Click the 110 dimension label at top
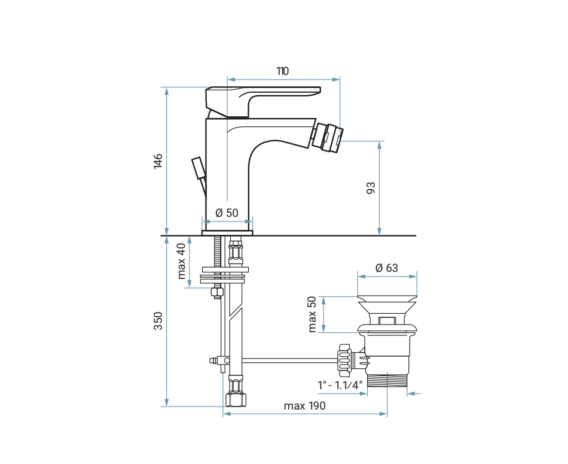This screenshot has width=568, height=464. [282, 71]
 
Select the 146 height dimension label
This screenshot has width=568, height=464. [158, 161]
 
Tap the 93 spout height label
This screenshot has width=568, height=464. [371, 188]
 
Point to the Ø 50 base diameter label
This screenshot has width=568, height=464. [227, 213]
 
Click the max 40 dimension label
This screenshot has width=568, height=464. [182, 261]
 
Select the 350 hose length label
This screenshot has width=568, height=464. [158, 320]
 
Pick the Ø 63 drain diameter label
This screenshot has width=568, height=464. [386, 268]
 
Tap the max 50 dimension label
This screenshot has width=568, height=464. [312, 314]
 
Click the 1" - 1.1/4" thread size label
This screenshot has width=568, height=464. [341, 385]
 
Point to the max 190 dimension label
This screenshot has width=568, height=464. [304, 406]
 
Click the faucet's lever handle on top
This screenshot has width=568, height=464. [263, 96]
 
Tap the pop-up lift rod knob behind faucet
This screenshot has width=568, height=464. [197, 167]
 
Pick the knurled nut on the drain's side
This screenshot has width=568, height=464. [343, 359]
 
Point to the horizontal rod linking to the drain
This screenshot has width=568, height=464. [287, 360]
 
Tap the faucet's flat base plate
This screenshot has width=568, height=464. [227, 232]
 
